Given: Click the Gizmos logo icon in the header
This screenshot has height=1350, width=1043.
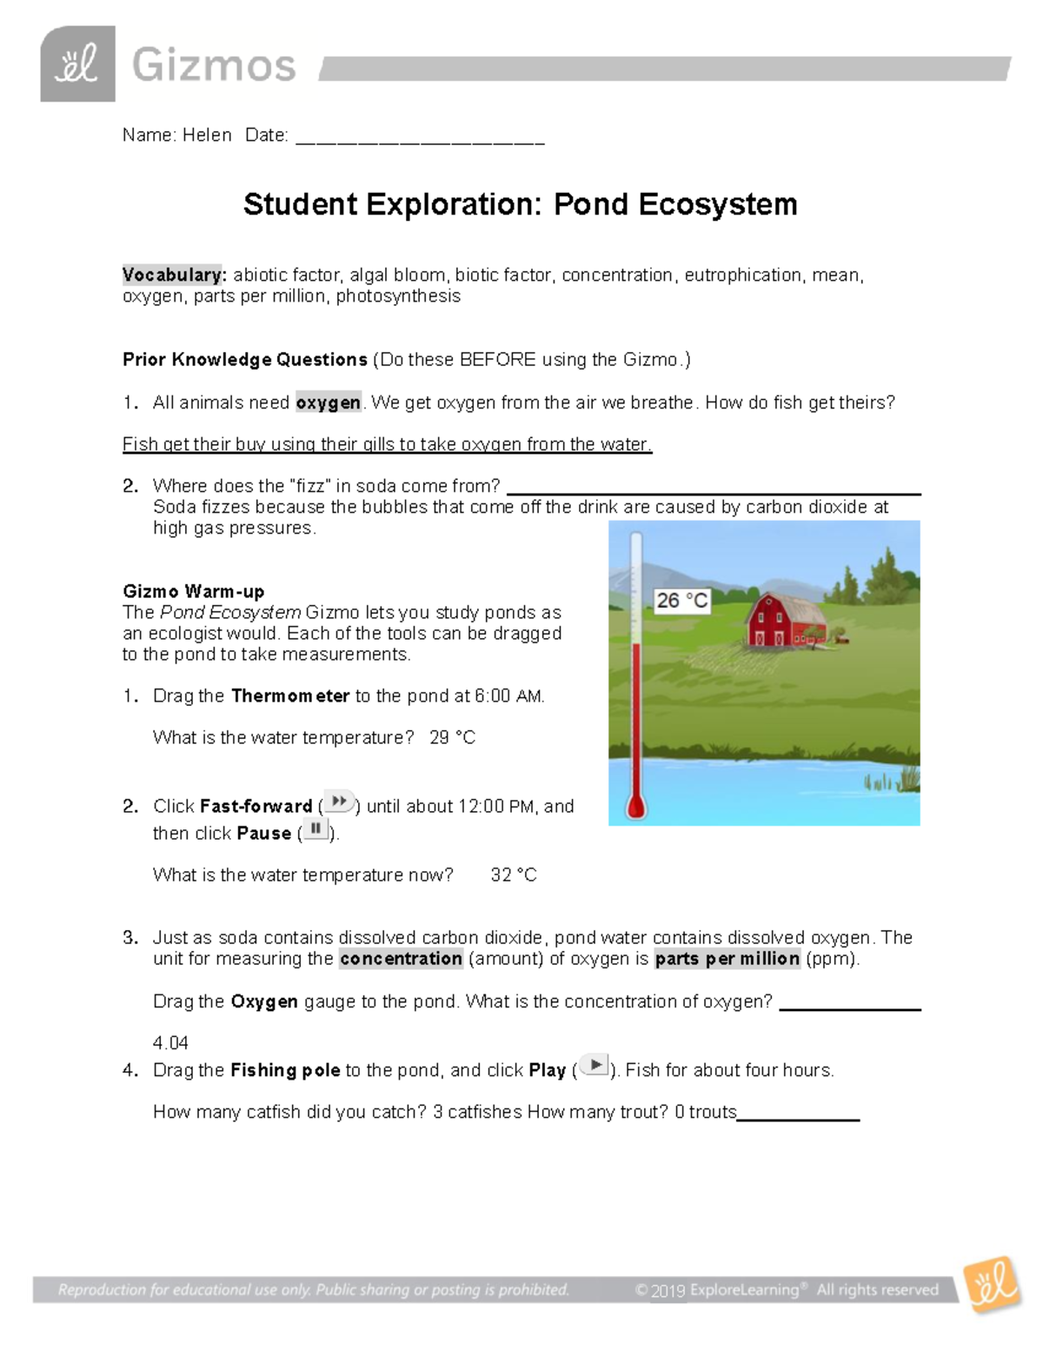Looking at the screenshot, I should click(77, 63).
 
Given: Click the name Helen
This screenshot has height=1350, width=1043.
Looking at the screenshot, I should click(207, 136).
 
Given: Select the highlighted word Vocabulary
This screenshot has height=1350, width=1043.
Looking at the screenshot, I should click(174, 276).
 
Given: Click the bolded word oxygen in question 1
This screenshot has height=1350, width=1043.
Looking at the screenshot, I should click(328, 402).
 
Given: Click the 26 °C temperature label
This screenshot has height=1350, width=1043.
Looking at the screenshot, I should click(682, 601).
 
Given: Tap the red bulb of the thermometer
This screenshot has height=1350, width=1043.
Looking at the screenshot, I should click(636, 808).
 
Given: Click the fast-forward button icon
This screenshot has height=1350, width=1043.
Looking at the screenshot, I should click(339, 801).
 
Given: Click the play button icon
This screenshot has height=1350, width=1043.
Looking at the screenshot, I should click(595, 1065).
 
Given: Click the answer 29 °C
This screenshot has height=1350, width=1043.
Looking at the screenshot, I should click(452, 738).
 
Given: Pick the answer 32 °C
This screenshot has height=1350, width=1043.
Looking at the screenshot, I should click(513, 875).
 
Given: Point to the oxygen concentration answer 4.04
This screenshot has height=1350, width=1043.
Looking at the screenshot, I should click(170, 1043).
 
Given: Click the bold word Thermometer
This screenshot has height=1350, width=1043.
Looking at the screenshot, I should click(290, 696).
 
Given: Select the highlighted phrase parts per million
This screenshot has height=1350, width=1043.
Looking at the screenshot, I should click(727, 959).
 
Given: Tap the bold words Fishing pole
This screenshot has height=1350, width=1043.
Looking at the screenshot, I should click(285, 1071).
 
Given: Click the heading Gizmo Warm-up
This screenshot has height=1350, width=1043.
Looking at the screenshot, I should click(194, 592).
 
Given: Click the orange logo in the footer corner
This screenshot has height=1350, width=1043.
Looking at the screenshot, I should click(993, 1285).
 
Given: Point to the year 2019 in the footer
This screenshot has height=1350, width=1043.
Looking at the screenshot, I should click(668, 1291).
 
